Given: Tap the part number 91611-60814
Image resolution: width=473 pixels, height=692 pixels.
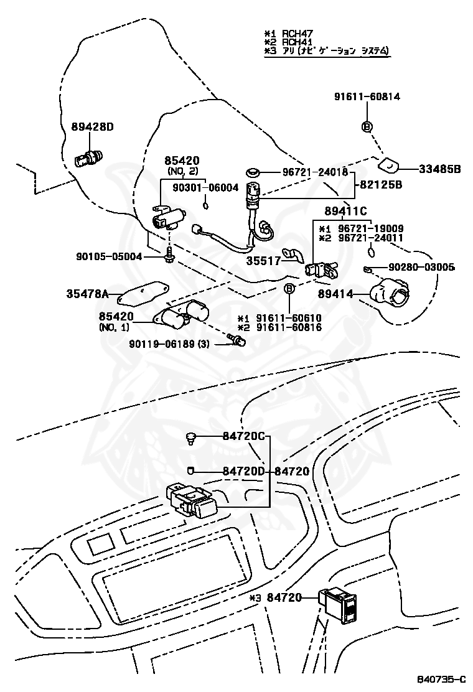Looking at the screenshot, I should pos(367,96).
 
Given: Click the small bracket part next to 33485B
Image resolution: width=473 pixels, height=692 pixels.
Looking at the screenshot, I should pos(388,166).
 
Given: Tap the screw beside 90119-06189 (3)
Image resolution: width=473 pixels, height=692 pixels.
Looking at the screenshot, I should pos(236,340).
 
